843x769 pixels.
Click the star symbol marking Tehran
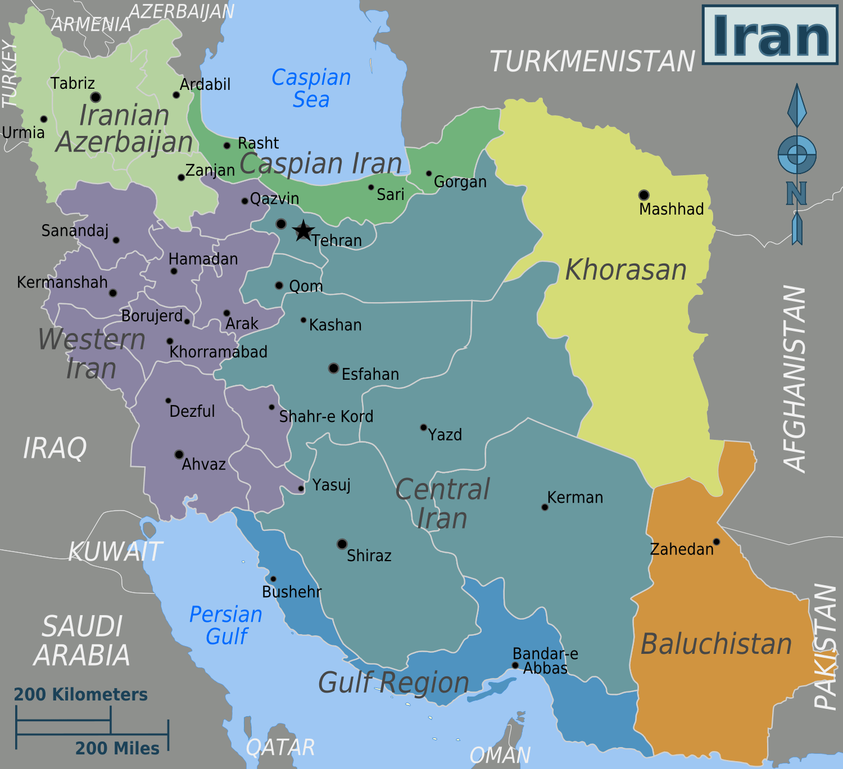[x=303, y=230]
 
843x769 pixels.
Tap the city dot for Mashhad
[x=643, y=195]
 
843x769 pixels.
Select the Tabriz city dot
[x=96, y=97]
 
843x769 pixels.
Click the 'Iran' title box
[x=770, y=35]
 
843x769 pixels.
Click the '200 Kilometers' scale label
[x=80, y=694]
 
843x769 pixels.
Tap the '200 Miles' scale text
[x=117, y=748]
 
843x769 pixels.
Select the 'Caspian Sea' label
[x=311, y=88]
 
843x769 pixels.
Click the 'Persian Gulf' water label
[x=226, y=625]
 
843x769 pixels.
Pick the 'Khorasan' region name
[x=626, y=270]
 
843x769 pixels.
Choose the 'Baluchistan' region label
[x=716, y=644]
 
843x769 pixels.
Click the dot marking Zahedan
[x=716, y=542]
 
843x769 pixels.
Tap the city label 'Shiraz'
[x=369, y=556]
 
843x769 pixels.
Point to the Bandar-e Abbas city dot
[x=515, y=665]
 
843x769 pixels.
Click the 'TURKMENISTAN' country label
[x=592, y=61]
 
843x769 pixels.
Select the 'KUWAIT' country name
[x=116, y=552]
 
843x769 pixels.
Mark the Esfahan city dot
[x=333, y=368]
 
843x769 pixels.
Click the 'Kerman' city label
[x=575, y=497]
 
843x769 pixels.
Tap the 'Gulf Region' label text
[x=393, y=682]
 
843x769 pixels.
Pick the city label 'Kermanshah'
[x=62, y=282]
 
